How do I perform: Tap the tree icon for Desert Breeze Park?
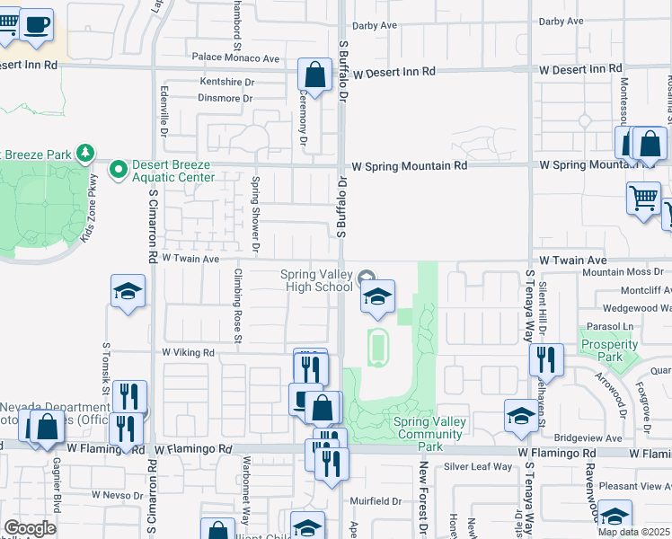point(85,154)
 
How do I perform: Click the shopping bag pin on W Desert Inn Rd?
point(315,75)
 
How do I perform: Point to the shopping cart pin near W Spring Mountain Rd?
point(643,199)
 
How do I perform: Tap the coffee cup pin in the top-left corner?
point(36,25)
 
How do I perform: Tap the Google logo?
point(30,528)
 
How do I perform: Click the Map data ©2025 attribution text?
point(632,532)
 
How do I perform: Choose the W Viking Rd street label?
point(188,354)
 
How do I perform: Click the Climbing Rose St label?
point(238,305)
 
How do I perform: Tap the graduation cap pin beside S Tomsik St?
point(128,291)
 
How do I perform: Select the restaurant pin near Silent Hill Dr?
point(546,359)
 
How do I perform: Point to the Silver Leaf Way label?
point(477,466)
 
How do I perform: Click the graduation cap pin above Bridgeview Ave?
point(521,415)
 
